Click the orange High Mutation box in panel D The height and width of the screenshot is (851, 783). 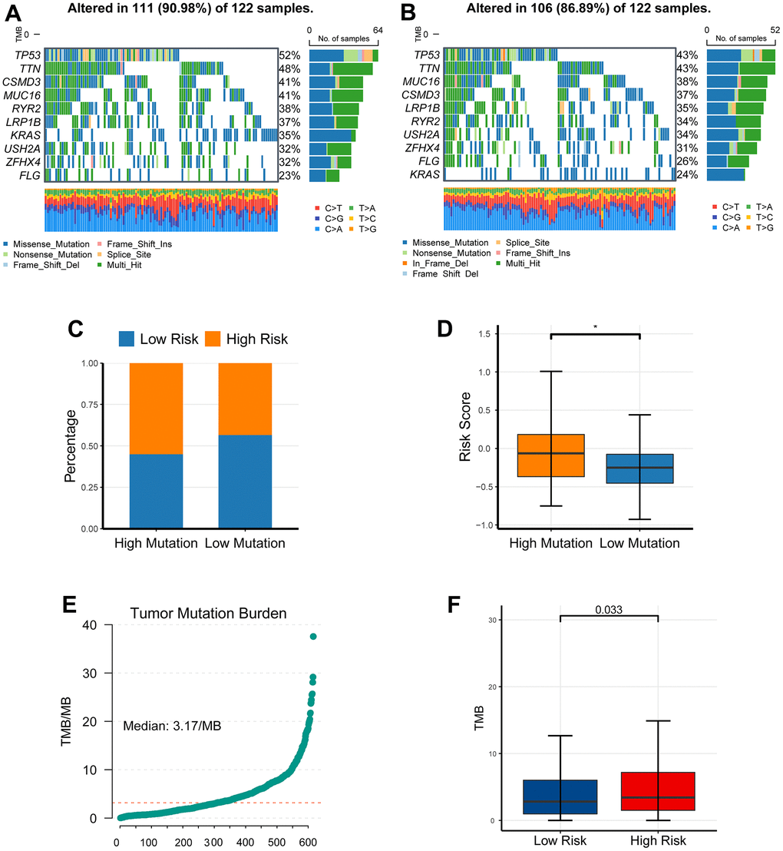(x=550, y=455)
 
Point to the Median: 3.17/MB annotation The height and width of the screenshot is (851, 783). (x=173, y=724)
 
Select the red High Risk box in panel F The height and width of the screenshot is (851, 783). (x=658, y=791)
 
